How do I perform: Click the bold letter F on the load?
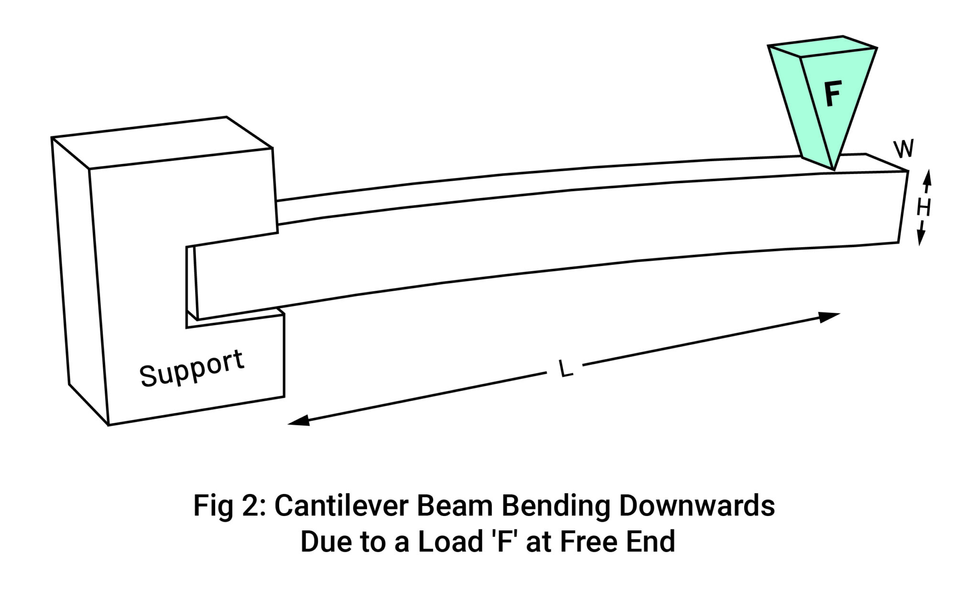(x=833, y=94)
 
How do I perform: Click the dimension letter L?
(x=566, y=369)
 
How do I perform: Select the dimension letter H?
(x=924, y=208)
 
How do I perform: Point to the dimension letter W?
(x=903, y=149)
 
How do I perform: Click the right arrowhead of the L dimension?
(x=830, y=317)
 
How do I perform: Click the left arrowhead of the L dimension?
(x=298, y=421)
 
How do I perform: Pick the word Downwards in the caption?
(x=696, y=506)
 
